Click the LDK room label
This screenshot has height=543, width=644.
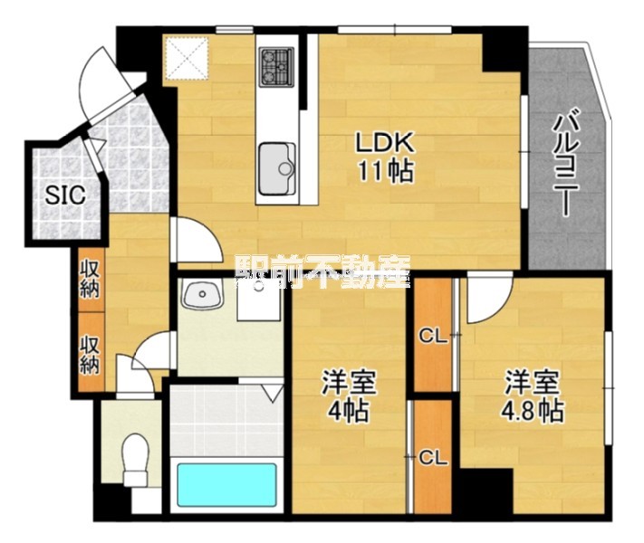coord(383,143)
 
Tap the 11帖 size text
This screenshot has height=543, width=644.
coord(386,171)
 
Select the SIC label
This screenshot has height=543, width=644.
coord(65,195)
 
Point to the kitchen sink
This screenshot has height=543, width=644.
coord(276,168)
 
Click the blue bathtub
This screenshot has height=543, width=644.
coord(226,485)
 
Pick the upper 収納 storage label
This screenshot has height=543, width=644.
coord(90,279)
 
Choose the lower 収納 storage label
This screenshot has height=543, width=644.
coord(90,355)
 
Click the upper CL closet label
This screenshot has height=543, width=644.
coord(432,337)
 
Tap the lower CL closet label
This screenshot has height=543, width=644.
coord(432,458)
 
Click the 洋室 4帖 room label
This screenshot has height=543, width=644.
coord(349,395)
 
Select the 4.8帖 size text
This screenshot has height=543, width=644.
coord(532,411)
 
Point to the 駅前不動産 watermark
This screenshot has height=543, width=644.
coord(322,272)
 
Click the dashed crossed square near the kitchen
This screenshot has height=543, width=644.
coord(186,57)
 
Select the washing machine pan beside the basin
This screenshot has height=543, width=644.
coord(259,300)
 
